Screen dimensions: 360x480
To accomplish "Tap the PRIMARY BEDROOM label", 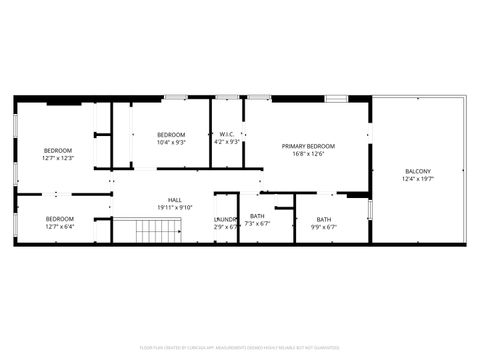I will click(x=308, y=146).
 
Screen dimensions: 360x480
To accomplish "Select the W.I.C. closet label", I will click(x=227, y=135).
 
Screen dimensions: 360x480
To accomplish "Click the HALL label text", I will click(x=175, y=200).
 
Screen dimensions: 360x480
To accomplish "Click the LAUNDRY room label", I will click(x=226, y=218).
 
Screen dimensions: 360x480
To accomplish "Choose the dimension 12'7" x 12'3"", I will click(x=59, y=158).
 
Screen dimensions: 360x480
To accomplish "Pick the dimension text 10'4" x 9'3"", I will click(x=171, y=142).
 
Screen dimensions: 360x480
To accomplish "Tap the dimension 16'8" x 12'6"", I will click(x=308, y=154).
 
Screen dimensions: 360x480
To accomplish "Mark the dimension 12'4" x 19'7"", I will click(x=418, y=178).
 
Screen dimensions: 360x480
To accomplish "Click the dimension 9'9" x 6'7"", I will click(x=324, y=226).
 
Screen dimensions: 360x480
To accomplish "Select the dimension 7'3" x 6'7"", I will click(x=258, y=224).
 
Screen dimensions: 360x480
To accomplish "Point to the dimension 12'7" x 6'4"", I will click(x=59, y=226).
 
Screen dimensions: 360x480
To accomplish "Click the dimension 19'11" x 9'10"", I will click(x=175, y=207).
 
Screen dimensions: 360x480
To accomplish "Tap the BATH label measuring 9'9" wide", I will click(x=324, y=219).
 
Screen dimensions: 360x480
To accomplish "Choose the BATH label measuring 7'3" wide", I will click(x=258, y=217).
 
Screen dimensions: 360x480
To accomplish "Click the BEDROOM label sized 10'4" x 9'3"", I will click(x=171, y=135).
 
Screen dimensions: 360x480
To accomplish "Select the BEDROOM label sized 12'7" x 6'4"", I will click(x=59, y=219).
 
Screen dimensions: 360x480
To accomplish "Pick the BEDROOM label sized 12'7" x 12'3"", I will click(x=59, y=151).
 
